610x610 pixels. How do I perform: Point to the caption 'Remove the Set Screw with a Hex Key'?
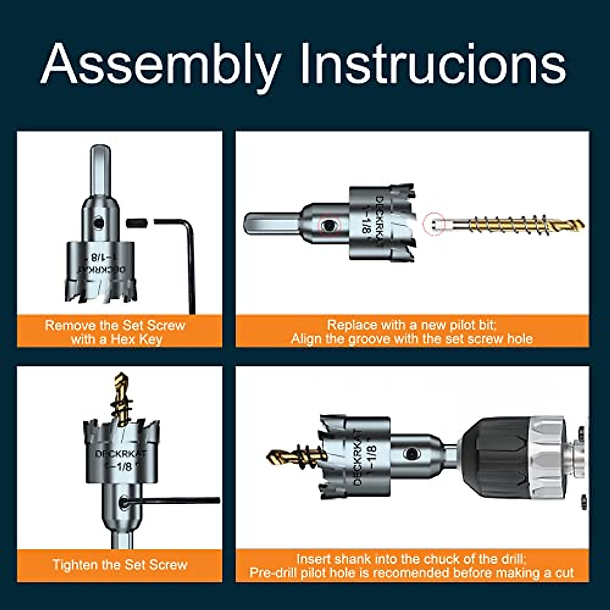click(115, 332)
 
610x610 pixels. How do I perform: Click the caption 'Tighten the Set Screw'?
click(119, 565)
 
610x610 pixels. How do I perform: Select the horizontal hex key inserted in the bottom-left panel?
click(173, 501)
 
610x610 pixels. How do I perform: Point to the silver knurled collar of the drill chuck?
click(546, 452)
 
